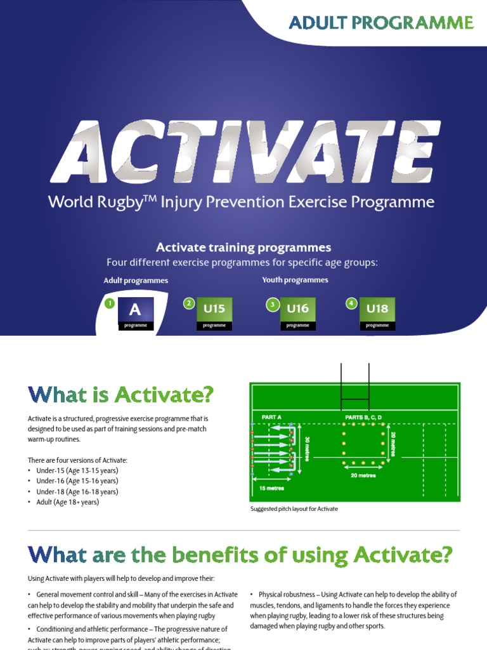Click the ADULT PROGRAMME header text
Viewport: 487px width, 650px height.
pyautogui.click(x=381, y=23)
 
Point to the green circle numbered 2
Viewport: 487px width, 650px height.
pyautogui.click(x=188, y=303)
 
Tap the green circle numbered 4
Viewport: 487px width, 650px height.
pyautogui.click(x=351, y=303)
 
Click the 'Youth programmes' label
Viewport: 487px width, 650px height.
pyautogui.click(x=295, y=280)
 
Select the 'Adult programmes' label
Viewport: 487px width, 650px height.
pyautogui.click(x=136, y=280)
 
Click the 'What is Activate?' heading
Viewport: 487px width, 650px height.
pyautogui.click(x=120, y=395)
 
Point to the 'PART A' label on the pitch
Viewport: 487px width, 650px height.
pyautogui.click(x=271, y=416)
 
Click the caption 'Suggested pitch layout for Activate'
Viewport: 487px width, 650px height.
pyautogui.click(x=294, y=509)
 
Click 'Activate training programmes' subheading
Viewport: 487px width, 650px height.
pyautogui.click(x=243, y=248)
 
